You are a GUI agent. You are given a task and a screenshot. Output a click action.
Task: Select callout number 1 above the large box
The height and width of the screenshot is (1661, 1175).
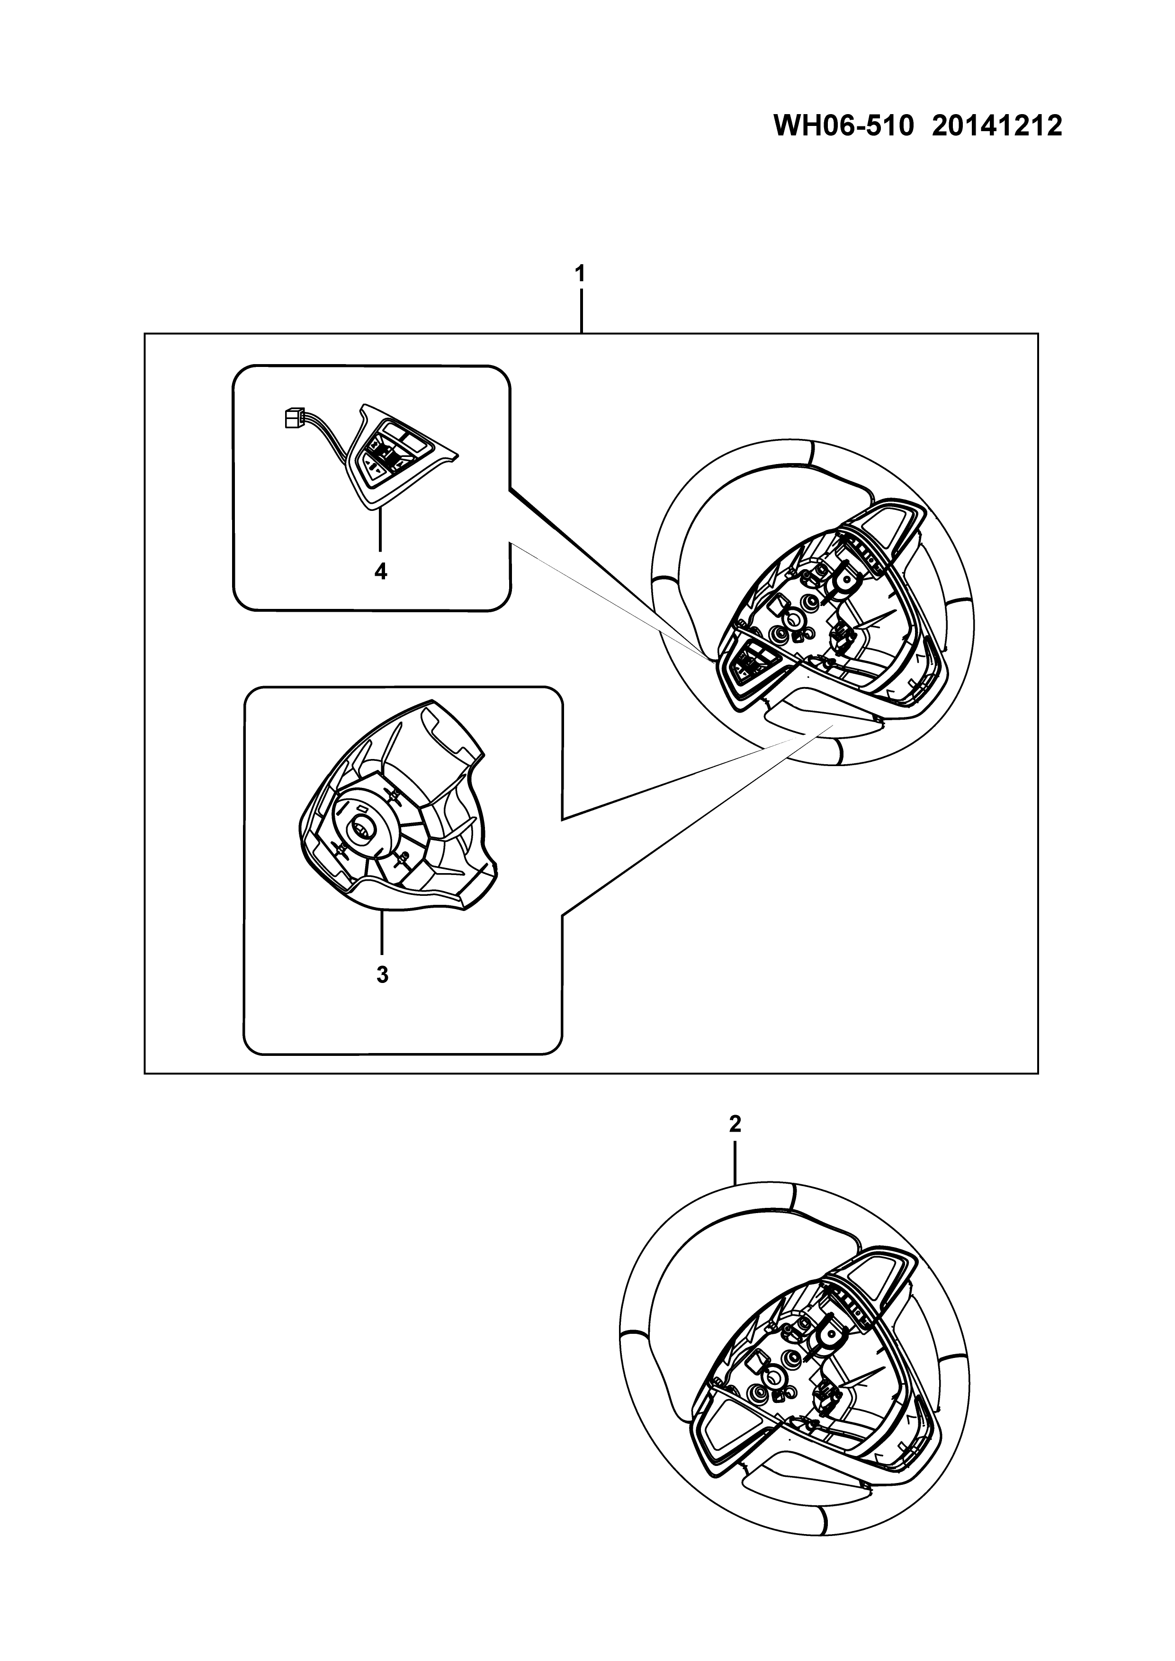pyautogui.click(x=580, y=274)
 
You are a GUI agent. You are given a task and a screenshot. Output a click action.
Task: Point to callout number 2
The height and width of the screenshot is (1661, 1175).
pyautogui.click(x=735, y=1124)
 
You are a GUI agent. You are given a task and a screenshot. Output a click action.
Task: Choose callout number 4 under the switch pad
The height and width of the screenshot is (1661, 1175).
pyautogui.click(x=380, y=572)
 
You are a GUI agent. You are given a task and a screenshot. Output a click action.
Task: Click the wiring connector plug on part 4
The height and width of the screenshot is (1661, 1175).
pyautogui.click(x=291, y=418)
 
